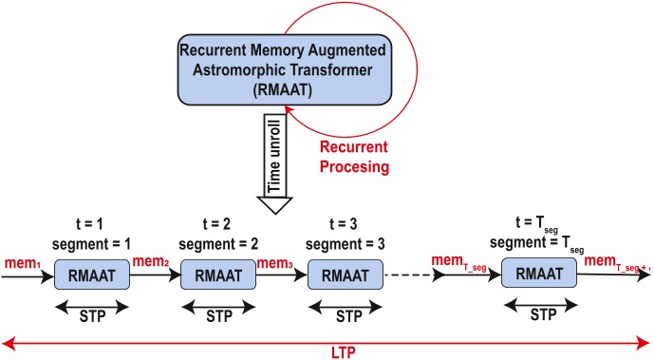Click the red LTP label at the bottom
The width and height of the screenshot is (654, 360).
326,350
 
